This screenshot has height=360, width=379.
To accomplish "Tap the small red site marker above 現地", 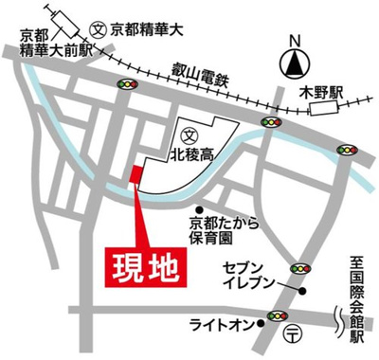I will coord(136,176).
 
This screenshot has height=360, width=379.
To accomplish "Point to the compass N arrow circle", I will coord(295,63).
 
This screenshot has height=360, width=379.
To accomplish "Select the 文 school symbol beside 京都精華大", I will coord(97,27).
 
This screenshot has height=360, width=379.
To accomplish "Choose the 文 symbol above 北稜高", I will coord(189,134).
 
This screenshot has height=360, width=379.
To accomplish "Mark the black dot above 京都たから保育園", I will coord(200,210).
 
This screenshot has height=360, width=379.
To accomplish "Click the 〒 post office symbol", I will coord(294,334).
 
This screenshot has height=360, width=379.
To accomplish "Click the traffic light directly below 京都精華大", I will coord(126,85).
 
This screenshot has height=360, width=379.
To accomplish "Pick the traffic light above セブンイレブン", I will coord(301,267).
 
